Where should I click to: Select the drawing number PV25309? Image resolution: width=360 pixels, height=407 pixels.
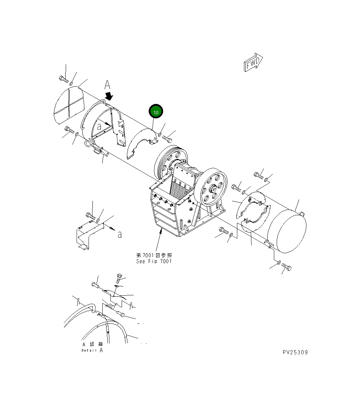pos(295,352)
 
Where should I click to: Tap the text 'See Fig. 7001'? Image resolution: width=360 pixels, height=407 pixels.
pos(154,261)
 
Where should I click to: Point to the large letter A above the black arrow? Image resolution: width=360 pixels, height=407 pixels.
pos(107,85)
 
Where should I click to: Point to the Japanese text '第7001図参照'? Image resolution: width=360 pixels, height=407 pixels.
pos(154,255)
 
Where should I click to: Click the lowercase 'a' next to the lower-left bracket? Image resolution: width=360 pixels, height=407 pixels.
pos(120,234)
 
